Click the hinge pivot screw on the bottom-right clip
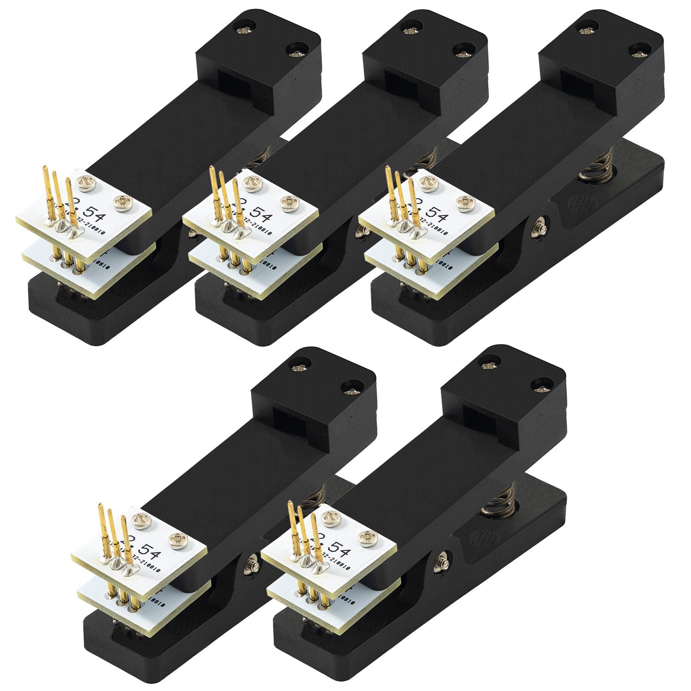444,561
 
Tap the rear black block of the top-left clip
258,60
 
